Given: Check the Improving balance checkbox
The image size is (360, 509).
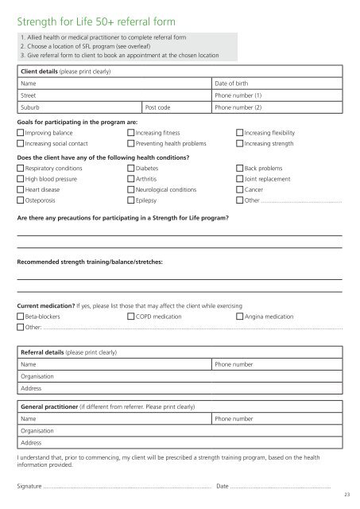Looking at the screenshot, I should [x=21, y=133].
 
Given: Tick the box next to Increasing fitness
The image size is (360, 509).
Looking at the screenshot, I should [x=131, y=133].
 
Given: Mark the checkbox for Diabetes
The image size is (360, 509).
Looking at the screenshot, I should [x=131, y=169].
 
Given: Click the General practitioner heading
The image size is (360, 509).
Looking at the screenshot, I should [x=60, y=406].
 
